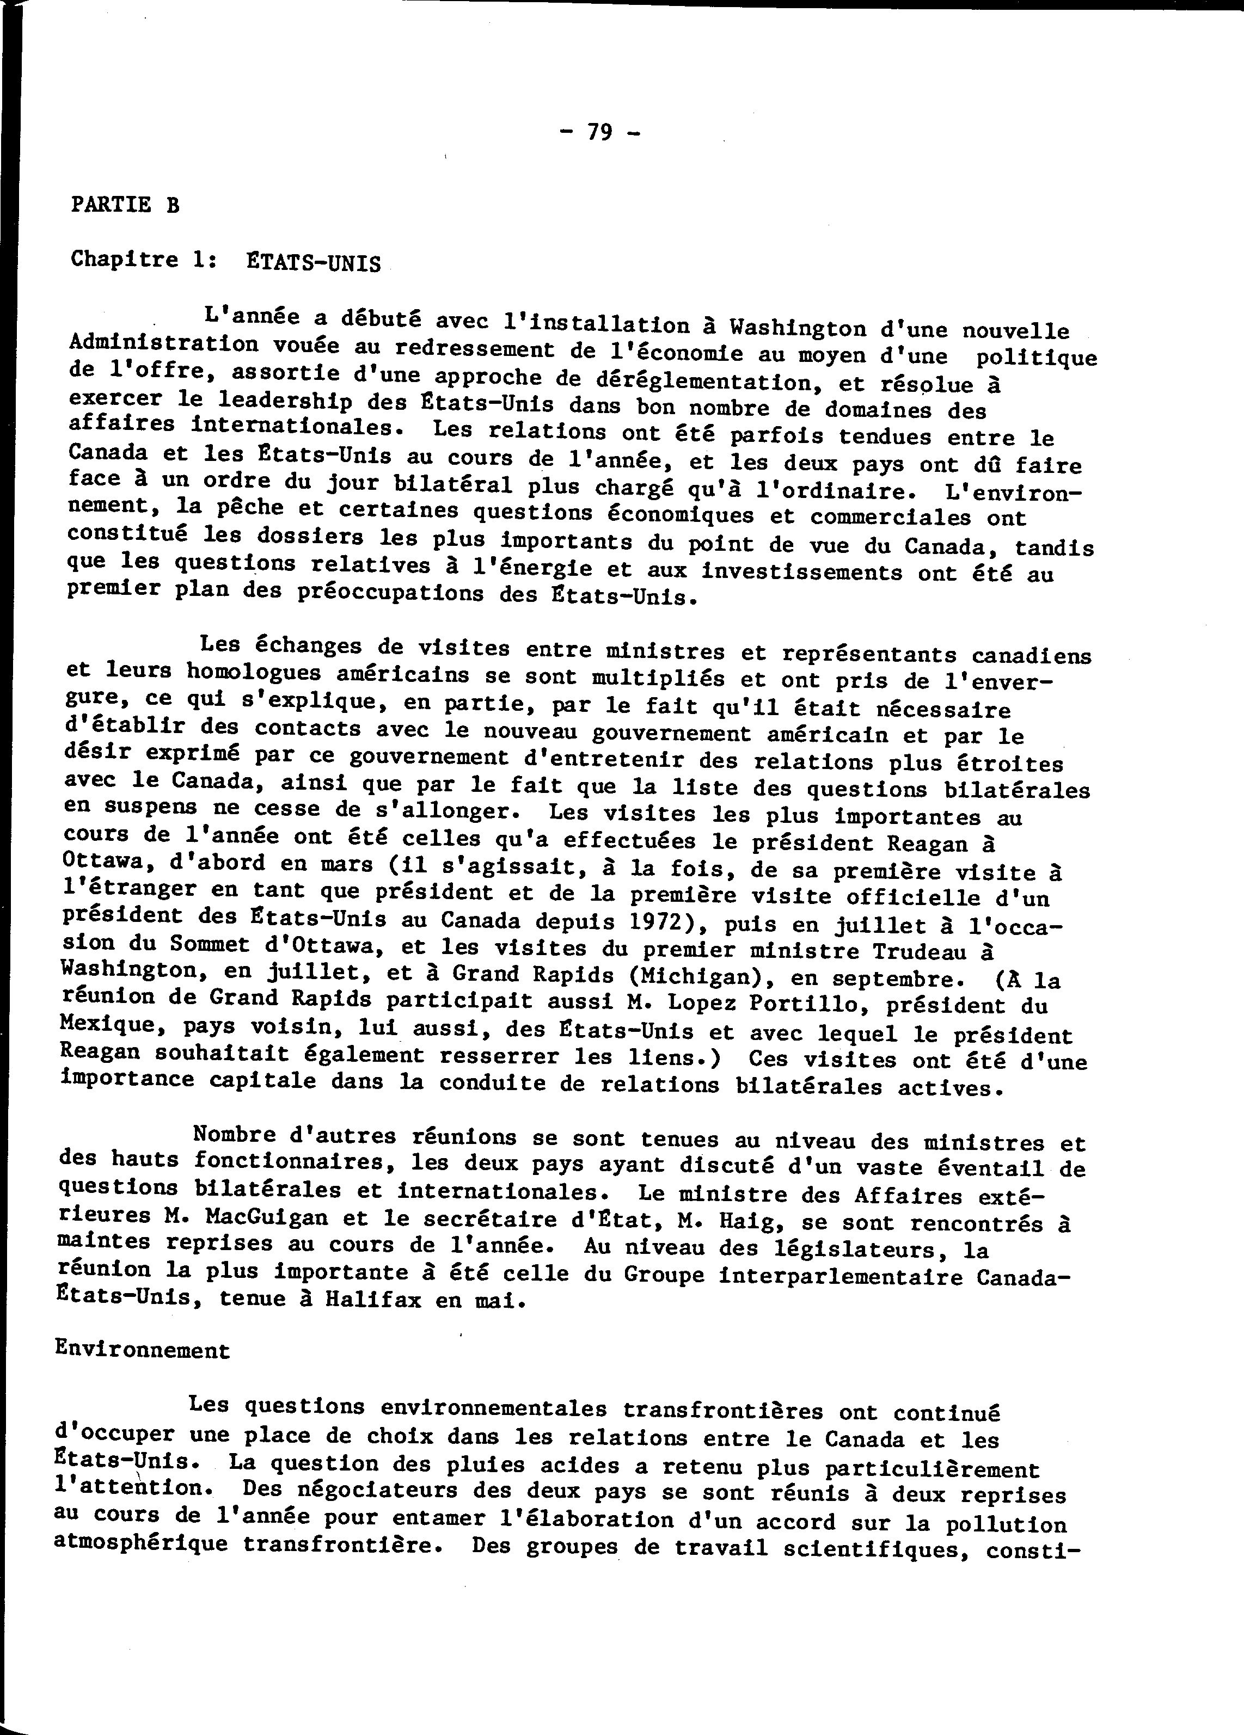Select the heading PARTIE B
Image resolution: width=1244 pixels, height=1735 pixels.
click(x=125, y=205)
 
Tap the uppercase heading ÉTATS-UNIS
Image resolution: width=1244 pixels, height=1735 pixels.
click(x=313, y=263)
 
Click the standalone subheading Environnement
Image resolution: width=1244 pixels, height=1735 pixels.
click(x=142, y=1350)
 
